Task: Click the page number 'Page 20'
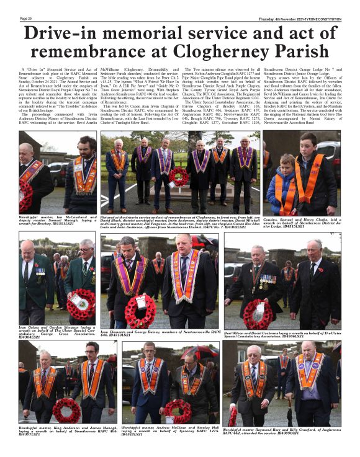point(26,19)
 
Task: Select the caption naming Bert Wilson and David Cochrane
point(280,335)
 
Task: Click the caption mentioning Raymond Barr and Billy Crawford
point(281,430)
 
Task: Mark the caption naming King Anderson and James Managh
point(57,430)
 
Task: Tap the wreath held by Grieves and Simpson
point(81,303)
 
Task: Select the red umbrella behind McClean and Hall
point(190,352)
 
